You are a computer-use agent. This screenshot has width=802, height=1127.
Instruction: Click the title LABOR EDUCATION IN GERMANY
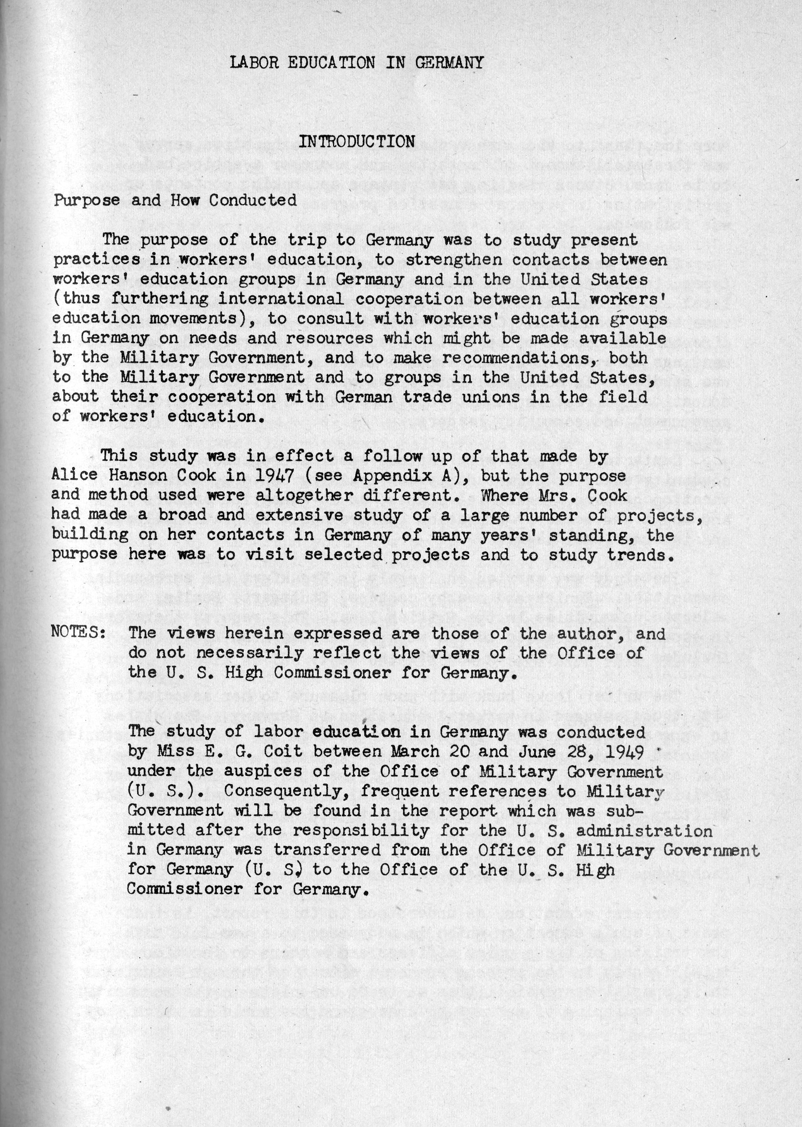click(356, 63)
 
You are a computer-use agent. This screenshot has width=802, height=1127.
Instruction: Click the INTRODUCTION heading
click(356, 142)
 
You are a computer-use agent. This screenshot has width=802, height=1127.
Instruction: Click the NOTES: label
click(78, 633)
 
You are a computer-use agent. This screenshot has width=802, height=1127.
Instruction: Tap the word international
click(281, 299)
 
